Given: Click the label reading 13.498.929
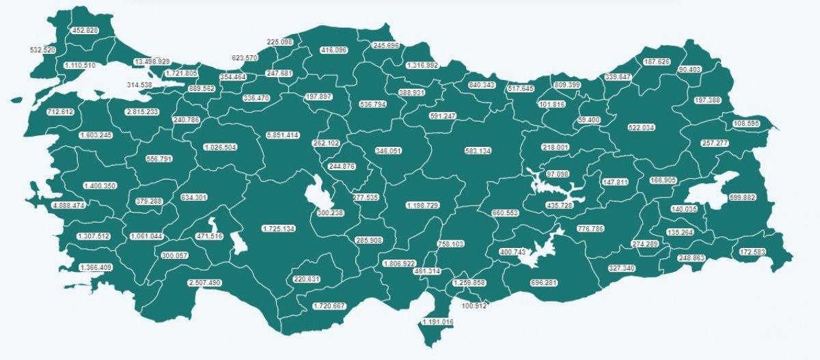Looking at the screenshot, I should [x=151, y=61].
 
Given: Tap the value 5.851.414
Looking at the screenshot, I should [x=282, y=135].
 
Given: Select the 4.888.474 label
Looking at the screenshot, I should [x=68, y=205].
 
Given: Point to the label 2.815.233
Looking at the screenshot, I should [x=142, y=111].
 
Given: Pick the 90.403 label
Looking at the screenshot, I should [x=689, y=70].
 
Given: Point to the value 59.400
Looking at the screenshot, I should [x=588, y=120].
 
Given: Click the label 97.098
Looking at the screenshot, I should [x=557, y=175].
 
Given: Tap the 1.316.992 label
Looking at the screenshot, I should [x=422, y=66].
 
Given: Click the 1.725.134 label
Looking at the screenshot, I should [x=279, y=228].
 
